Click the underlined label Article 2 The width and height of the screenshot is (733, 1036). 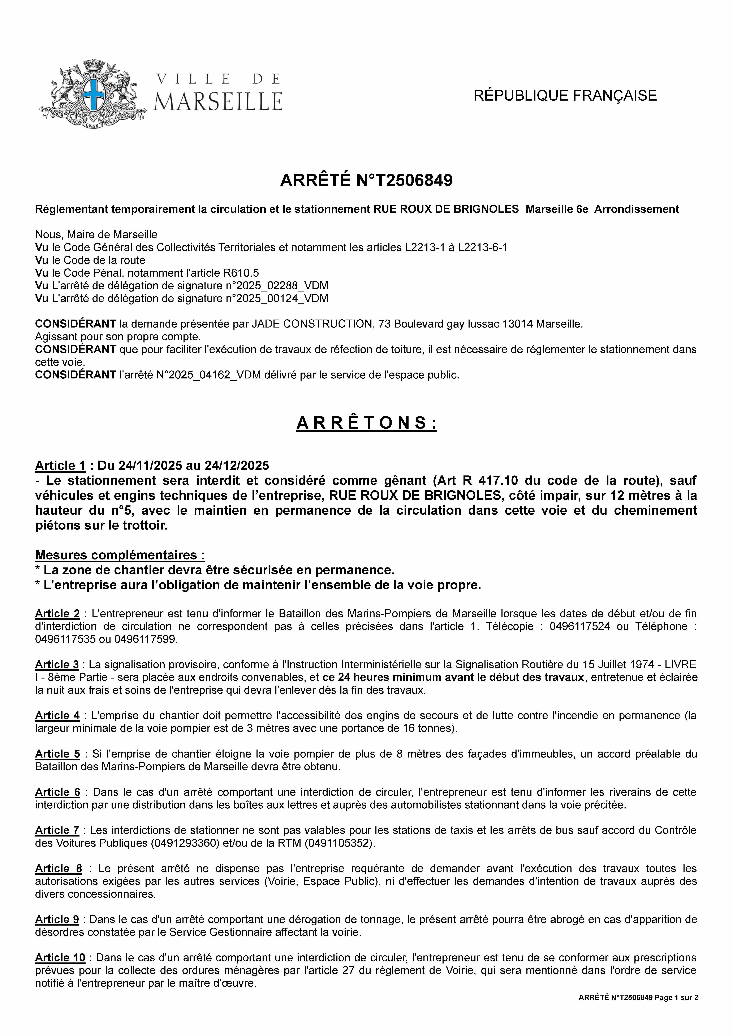pos(57,614)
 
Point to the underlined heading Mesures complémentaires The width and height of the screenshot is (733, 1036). pos(120,555)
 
